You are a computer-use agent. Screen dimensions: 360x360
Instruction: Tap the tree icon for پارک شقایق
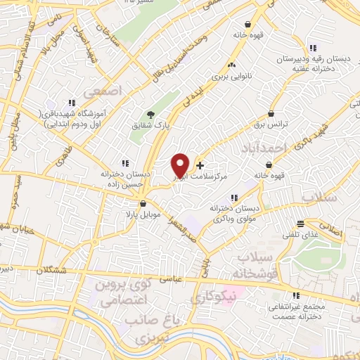tap(149, 115)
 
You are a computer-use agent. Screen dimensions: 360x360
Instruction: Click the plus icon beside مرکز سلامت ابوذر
tap(200, 166)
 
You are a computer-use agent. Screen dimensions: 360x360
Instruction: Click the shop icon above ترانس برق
tap(271, 113)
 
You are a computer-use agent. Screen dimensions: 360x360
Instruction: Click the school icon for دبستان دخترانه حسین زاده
tap(124, 162)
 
